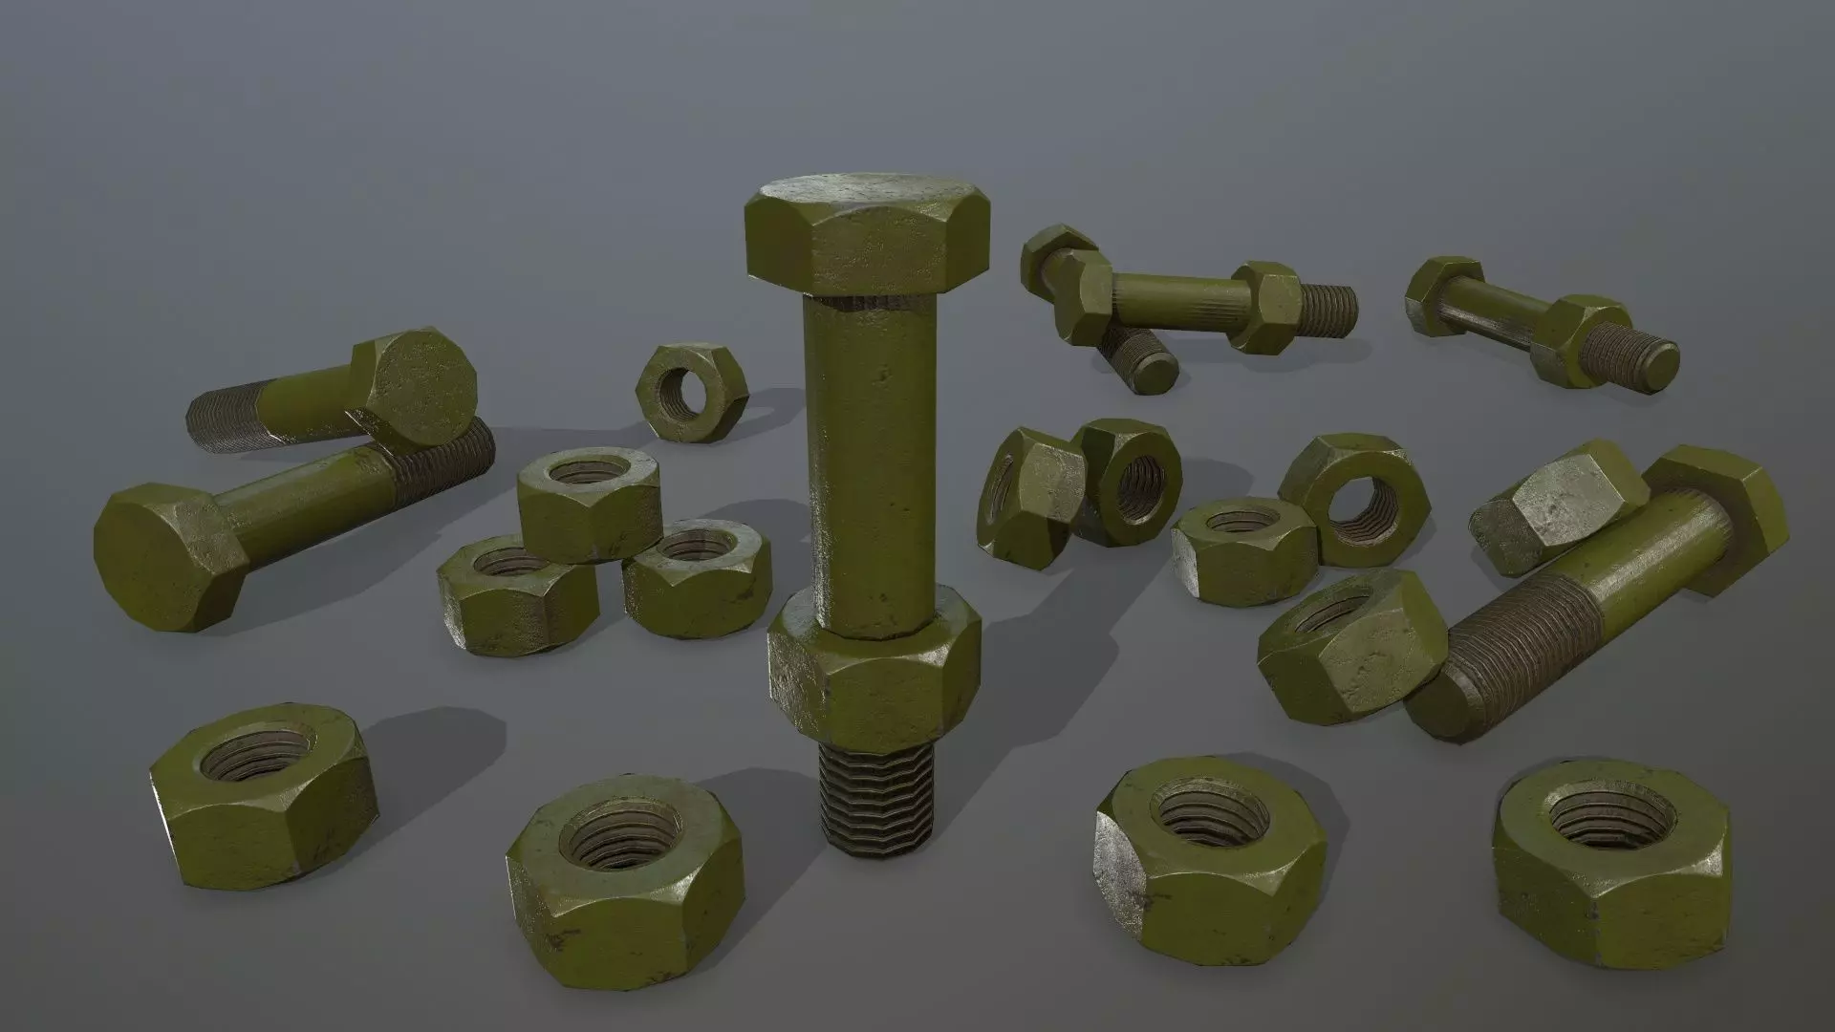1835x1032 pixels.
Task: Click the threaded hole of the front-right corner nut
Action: [x=1602, y=817]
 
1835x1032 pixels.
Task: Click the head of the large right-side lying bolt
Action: [x=1720, y=526]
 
